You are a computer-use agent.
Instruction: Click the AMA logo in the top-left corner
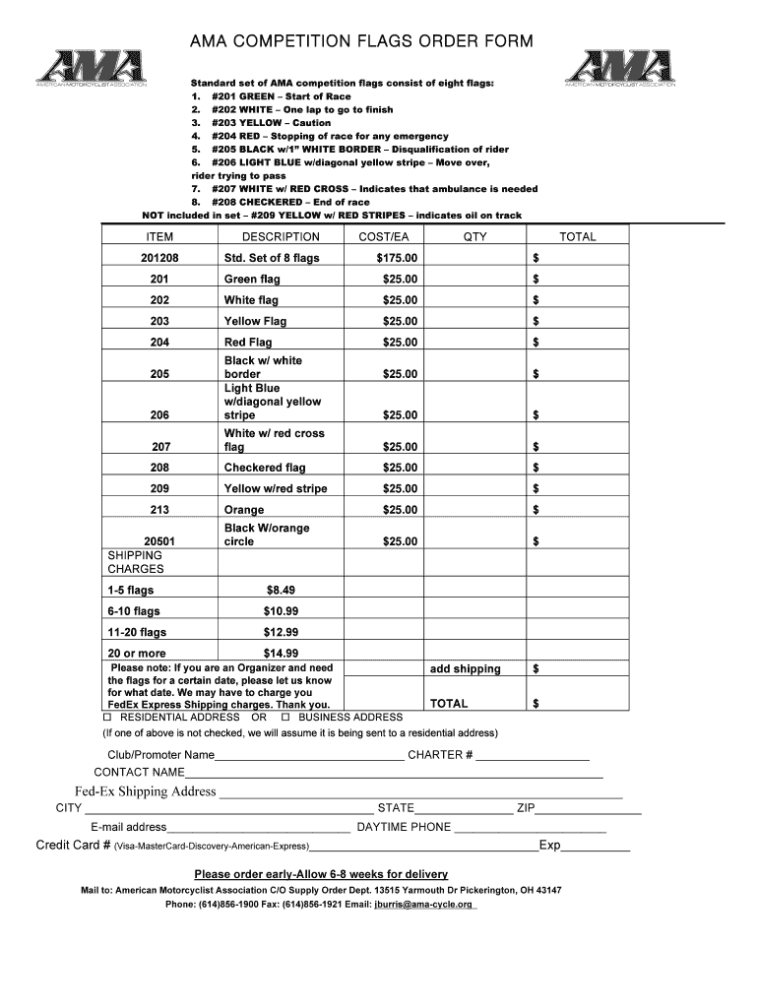pos(91,69)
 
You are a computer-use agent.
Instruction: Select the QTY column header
pos(474,236)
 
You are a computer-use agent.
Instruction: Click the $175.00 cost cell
pos(397,258)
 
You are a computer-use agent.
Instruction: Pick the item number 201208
pos(159,258)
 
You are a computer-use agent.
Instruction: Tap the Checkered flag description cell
pos(265,468)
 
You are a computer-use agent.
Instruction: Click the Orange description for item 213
pos(244,510)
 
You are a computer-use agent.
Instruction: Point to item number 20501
pos(159,541)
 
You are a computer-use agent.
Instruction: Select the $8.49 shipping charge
pos(281,590)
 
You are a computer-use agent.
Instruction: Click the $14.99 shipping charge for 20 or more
pos(281,653)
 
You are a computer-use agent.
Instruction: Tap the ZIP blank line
pos(588,809)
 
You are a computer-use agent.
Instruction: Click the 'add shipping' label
pos(465,669)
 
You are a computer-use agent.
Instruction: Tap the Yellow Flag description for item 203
pos(255,321)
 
